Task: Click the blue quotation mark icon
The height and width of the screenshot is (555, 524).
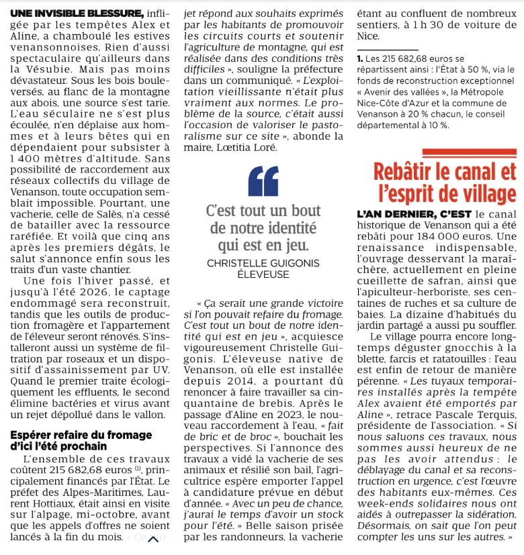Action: point(263,181)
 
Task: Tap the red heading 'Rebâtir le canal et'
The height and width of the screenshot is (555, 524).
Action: point(445,172)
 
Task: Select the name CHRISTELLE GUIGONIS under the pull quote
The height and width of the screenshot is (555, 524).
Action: point(263,262)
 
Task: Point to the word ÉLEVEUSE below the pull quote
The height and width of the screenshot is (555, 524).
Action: point(263,274)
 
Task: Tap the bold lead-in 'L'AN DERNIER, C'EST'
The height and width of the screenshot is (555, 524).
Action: point(414,213)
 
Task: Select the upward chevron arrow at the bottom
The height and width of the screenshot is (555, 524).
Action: point(154,540)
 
